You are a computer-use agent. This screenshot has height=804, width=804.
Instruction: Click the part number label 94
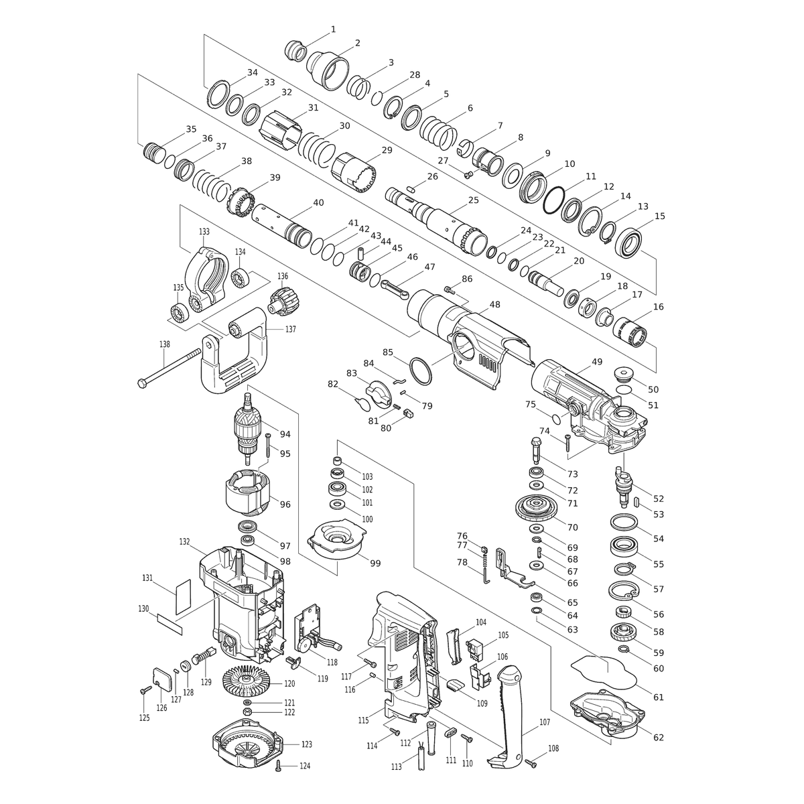(x=285, y=434)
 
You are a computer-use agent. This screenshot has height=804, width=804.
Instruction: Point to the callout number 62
(x=658, y=737)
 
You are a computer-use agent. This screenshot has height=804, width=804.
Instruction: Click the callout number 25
(x=473, y=200)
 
